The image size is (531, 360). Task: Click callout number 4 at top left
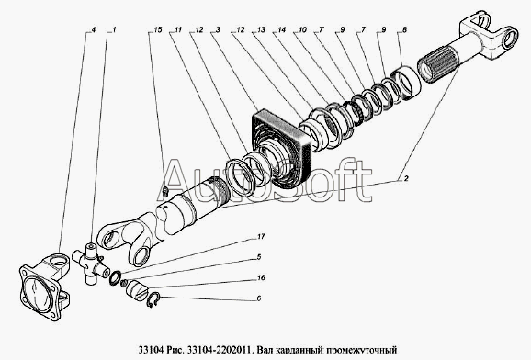coord(94,29)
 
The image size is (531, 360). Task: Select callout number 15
coord(157,29)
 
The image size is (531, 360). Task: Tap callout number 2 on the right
coord(406,178)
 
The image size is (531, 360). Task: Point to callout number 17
coord(260,236)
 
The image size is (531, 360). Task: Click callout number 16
coord(260,277)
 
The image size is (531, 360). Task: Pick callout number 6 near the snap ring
coord(259,298)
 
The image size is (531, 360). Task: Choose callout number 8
coord(404,29)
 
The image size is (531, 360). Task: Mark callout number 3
coord(218,29)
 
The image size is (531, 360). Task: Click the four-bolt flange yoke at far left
coord(45,287)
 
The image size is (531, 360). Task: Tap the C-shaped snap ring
coord(153,299)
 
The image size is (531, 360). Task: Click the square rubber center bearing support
coord(280,150)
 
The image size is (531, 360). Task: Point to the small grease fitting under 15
coord(165,191)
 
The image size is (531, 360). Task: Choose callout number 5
coord(259,257)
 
